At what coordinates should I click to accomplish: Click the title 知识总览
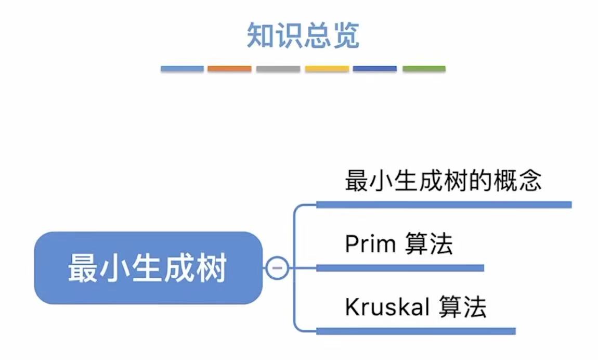pos(303,35)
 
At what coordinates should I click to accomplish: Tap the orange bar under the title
pos(229,69)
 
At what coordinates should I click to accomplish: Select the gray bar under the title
pos(278,69)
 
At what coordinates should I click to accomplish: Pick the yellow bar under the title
pos(327,69)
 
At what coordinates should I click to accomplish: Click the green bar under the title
pos(424,69)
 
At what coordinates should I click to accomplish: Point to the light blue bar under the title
pos(182,69)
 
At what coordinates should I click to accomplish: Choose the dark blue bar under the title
pos(374,69)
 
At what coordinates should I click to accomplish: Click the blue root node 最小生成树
pos(148,268)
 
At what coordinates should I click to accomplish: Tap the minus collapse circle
pos(277,268)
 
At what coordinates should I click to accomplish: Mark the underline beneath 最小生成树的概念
pos(444,205)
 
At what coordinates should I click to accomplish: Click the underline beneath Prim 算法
pos(400,268)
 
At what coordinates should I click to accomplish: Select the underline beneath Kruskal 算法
pos(415,331)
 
